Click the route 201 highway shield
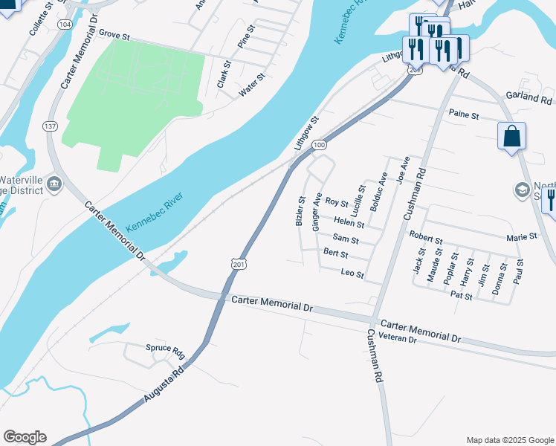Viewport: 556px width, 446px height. pyautogui.click(x=238, y=264)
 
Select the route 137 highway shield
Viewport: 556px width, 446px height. pyautogui.click(x=51, y=126)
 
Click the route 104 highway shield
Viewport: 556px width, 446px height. pyautogui.click(x=65, y=25)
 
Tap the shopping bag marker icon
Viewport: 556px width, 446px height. pyautogui.click(x=511, y=136)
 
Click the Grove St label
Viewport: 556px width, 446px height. pyautogui.click(x=114, y=35)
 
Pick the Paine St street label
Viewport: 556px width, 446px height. pyautogui.click(x=464, y=115)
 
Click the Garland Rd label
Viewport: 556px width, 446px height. pyautogui.click(x=529, y=97)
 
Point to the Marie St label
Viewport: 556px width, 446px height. pyautogui.click(x=521, y=236)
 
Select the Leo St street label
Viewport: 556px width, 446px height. pyautogui.click(x=352, y=274)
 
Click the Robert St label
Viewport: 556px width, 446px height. pyautogui.click(x=426, y=237)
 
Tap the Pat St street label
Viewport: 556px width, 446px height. pyautogui.click(x=462, y=296)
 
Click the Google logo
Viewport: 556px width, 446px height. pyautogui.click(x=25, y=437)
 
